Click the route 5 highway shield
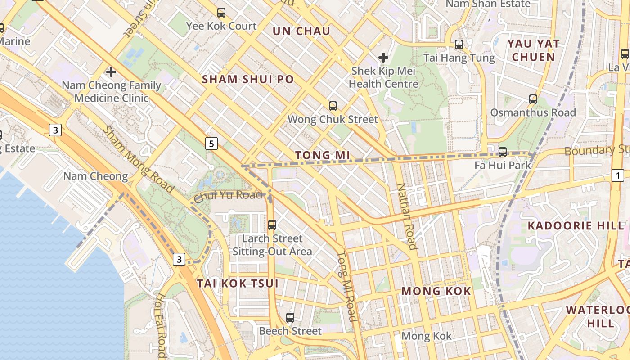point(211,144)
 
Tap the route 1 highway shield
point(618,175)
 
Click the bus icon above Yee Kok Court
point(221,13)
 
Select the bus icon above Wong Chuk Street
point(333,106)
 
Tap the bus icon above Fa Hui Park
point(503,152)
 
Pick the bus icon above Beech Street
point(290,318)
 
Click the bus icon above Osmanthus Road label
point(533,99)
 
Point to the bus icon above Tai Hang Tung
point(459,45)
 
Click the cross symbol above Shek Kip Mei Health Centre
point(383,58)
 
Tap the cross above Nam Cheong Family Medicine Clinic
point(111,72)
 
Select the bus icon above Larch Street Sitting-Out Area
point(272,225)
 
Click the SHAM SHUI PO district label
point(248,80)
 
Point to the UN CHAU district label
point(301,31)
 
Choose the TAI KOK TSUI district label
point(238,283)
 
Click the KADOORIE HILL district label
point(576,226)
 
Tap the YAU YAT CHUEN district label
point(534,50)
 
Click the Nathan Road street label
point(406,216)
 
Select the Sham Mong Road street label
point(138,159)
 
